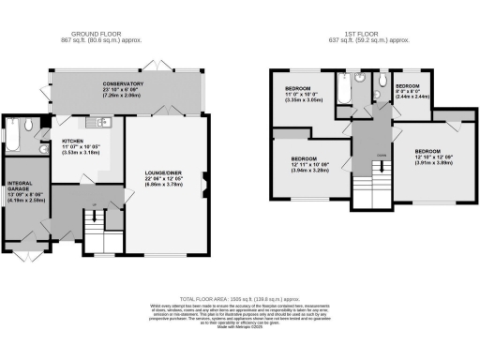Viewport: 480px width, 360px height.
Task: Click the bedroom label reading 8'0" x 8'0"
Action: click(412, 93)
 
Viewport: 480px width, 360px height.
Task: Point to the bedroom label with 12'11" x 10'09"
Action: click(310, 165)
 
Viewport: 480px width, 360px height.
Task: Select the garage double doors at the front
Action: click(26, 255)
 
